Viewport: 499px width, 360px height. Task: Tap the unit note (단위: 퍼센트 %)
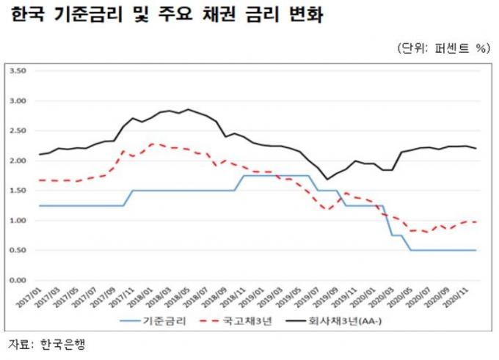click(x=442, y=48)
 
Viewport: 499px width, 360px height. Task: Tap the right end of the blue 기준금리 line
click(x=476, y=250)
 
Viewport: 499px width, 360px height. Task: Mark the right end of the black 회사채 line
click(x=476, y=148)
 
